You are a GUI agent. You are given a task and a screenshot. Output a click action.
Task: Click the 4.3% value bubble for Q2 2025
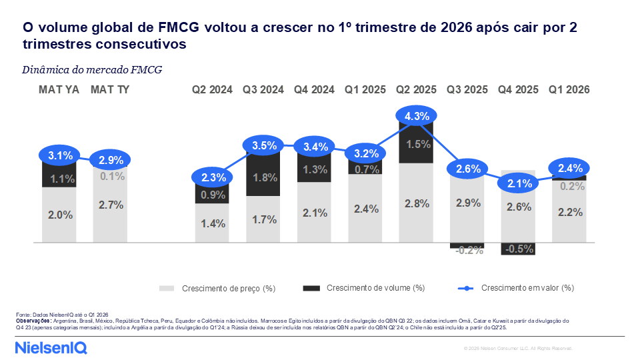pyautogui.click(x=416, y=116)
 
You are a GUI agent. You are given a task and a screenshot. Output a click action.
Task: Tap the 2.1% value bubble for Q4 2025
pyautogui.click(x=519, y=183)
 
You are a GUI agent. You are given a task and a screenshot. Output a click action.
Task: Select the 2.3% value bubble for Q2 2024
pyautogui.click(x=212, y=177)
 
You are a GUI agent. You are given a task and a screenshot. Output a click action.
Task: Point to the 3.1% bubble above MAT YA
pyautogui.click(x=59, y=155)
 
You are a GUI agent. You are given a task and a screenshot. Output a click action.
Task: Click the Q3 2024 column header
pyautogui.click(x=263, y=89)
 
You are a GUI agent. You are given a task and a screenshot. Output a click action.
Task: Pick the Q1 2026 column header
pyautogui.click(x=569, y=89)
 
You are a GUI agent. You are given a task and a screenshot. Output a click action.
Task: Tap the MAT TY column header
pyautogui.click(x=110, y=89)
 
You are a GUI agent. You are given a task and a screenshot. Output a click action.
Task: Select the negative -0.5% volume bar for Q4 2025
pyautogui.click(x=518, y=249)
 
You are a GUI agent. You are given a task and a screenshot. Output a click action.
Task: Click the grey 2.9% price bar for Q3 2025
pyautogui.click(x=467, y=209)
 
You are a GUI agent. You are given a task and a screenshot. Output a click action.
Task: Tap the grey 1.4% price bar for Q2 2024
pyautogui.click(x=212, y=223)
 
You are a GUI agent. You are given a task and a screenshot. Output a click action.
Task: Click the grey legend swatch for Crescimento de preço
pyautogui.click(x=167, y=289)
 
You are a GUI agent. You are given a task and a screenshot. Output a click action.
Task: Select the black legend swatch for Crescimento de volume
pyautogui.click(x=311, y=288)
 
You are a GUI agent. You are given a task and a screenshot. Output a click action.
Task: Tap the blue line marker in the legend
pyautogui.click(x=466, y=288)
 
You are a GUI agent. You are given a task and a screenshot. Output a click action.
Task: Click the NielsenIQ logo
pyautogui.click(x=51, y=348)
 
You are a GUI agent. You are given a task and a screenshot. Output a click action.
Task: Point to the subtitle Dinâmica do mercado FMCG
pyautogui.click(x=92, y=70)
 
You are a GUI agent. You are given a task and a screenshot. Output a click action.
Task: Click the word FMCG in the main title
pyautogui.click(x=179, y=27)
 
